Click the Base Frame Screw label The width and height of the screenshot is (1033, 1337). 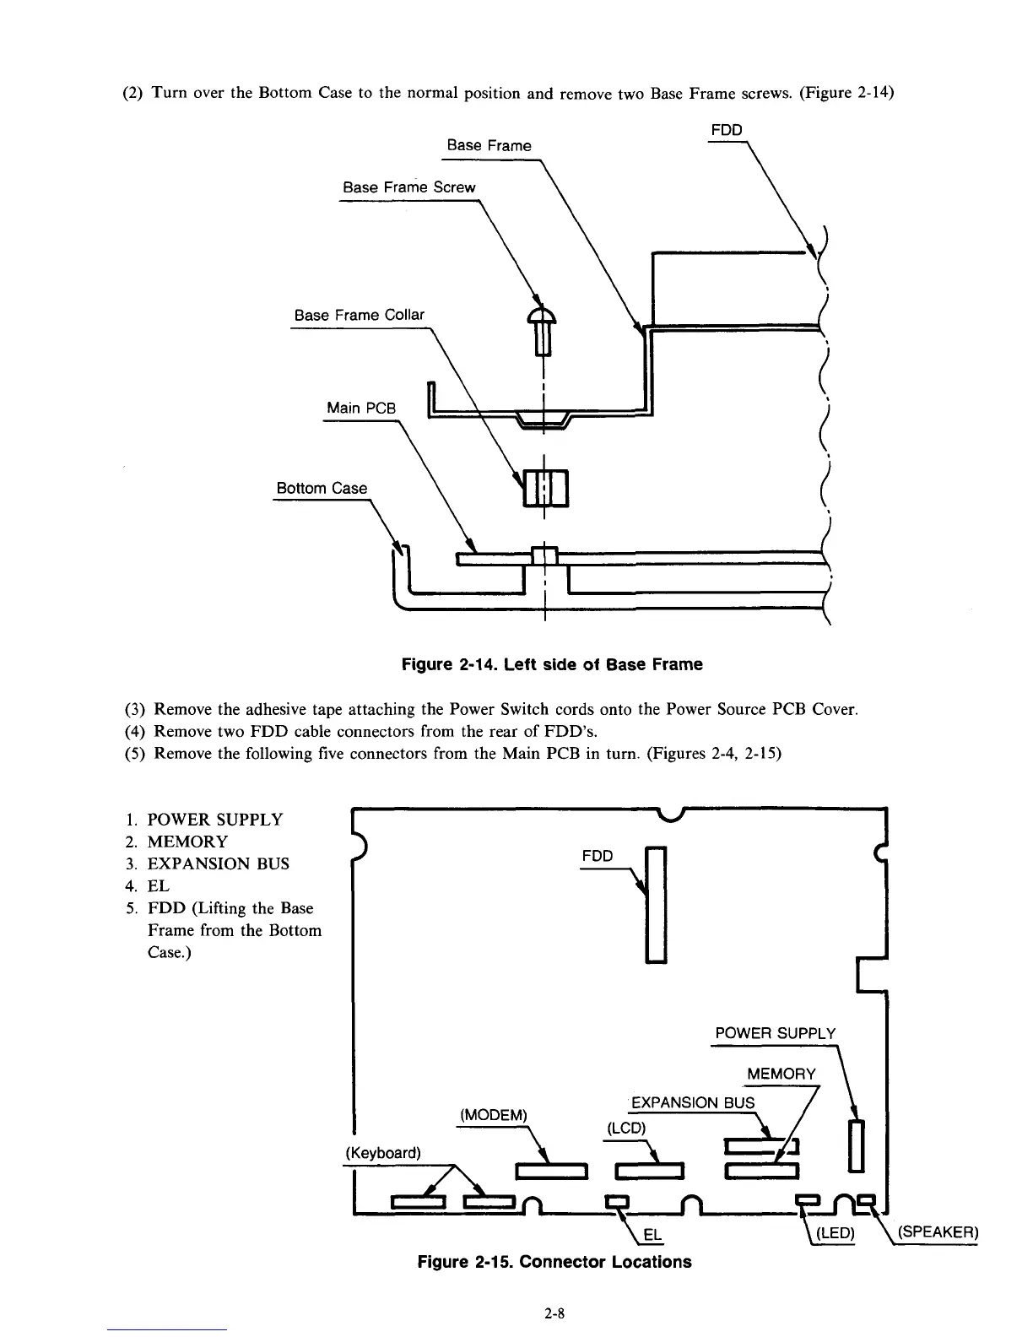tap(408, 187)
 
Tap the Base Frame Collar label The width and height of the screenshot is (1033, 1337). tap(359, 315)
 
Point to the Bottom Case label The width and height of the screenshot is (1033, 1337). tap(322, 488)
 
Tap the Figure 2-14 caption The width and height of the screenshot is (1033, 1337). tap(551, 664)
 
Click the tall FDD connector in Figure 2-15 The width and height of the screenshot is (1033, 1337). tap(656, 904)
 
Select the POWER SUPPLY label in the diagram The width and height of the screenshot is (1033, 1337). tap(775, 1034)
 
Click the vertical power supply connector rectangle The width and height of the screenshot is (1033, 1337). tap(857, 1145)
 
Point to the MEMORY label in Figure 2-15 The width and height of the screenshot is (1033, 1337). tap(782, 1074)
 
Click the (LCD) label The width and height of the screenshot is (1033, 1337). tap(625, 1129)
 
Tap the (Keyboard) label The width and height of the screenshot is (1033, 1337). tap(383, 1153)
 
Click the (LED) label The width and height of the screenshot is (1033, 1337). tap(832, 1233)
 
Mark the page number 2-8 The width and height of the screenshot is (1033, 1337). tap(554, 1313)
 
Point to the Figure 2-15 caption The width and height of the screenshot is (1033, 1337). tap(554, 1262)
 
